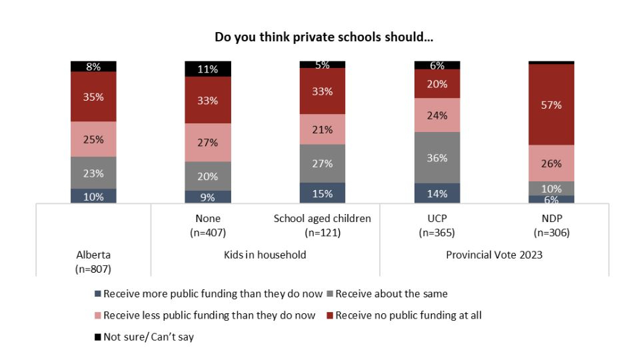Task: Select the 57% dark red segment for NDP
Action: [551, 105]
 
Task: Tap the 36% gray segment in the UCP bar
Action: [436, 158]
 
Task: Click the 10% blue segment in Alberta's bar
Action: [93, 196]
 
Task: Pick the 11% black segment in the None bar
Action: [208, 69]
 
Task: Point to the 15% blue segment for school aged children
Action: [322, 193]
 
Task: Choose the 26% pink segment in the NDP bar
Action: [551, 163]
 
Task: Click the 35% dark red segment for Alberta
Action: [93, 97]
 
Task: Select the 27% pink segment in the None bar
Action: [208, 143]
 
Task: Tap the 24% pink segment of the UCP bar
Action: [436, 115]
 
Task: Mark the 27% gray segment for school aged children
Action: [322, 163]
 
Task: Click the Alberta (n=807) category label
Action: [93, 261]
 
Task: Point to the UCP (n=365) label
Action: [436, 225]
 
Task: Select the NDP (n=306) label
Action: [551, 225]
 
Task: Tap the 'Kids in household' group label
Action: [265, 255]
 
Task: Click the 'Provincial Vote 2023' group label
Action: [494, 255]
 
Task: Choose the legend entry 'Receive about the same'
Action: [391, 293]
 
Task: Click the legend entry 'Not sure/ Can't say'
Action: [149, 337]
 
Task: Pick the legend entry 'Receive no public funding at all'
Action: [408, 315]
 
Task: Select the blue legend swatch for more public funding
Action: [98, 293]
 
